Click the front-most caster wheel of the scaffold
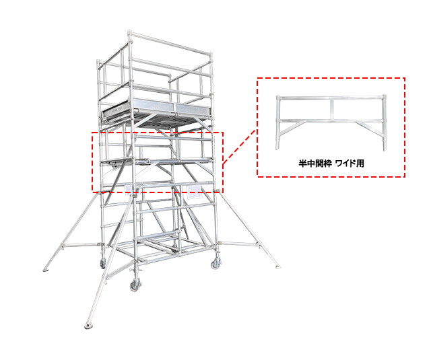click(135, 285)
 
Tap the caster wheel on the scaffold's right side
click(215, 264)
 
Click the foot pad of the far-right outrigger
click(277, 266)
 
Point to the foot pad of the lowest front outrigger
click(88, 326)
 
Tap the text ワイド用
click(350, 164)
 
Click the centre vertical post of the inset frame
click(332, 109)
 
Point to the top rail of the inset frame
click(331, 97)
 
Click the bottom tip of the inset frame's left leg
click(277, 149)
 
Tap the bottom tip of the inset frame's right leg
click(385, 150)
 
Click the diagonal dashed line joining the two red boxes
click(240, 147)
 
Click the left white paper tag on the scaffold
click(129, 190)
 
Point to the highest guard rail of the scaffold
click(170, 43)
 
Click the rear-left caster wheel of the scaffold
click(103, 264)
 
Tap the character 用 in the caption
click(360, 164)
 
